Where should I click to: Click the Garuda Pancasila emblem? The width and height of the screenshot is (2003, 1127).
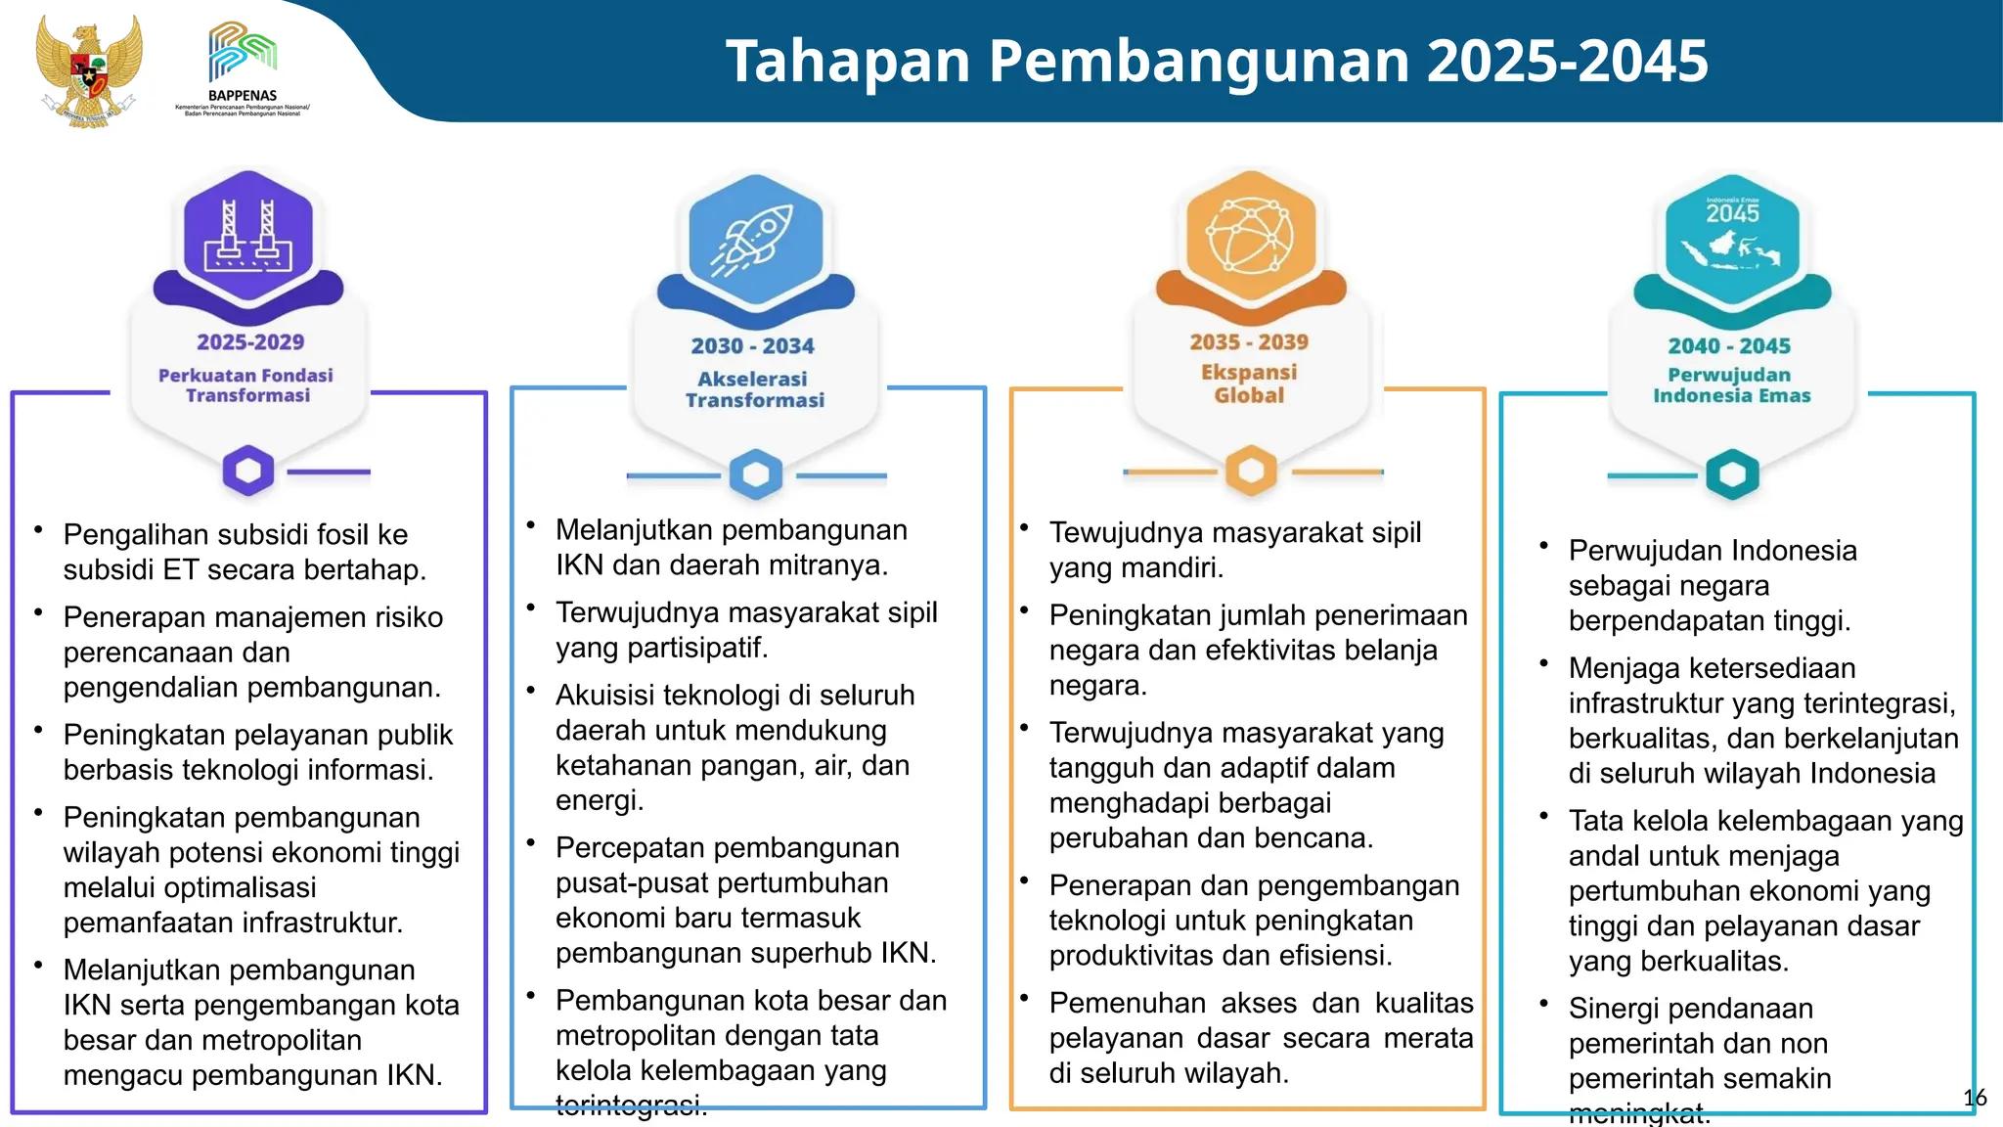(x=88, y=70)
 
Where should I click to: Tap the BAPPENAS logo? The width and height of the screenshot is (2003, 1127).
(x=243, y=67)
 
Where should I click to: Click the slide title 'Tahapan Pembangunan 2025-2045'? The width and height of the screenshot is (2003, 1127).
(x=1217, y=61)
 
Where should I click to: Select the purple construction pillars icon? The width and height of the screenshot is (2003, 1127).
(x=248, y=236)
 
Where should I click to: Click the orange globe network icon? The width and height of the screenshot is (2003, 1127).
(x=1250, y=236)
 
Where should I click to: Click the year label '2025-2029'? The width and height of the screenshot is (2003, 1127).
(x=250, y=342)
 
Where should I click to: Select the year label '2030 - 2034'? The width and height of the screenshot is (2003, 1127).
(x=752, y=346)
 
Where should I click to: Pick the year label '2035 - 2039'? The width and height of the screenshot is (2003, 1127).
(x=1249, y=342)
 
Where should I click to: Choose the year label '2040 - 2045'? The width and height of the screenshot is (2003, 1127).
(x=1729, y=346)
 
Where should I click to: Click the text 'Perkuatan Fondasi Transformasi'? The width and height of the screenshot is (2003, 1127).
(x=246, y=385)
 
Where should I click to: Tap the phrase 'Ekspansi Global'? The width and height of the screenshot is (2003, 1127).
(x=1249, y=383)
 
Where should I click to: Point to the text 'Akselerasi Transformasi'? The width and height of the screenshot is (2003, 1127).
(x=754, y=389)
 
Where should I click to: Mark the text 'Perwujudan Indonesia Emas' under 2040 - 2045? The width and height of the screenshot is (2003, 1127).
(x=1731, y=385)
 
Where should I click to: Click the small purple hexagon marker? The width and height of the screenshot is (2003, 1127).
(x=248, y=471)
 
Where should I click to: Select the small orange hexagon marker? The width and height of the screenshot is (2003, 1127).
(x=1251, y=471)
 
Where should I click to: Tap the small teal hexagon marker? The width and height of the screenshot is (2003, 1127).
(x=1732, y=474)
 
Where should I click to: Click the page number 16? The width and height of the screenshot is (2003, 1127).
(x=1975, y=1098)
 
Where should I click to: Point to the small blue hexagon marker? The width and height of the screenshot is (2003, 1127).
(x=756, y=474)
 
